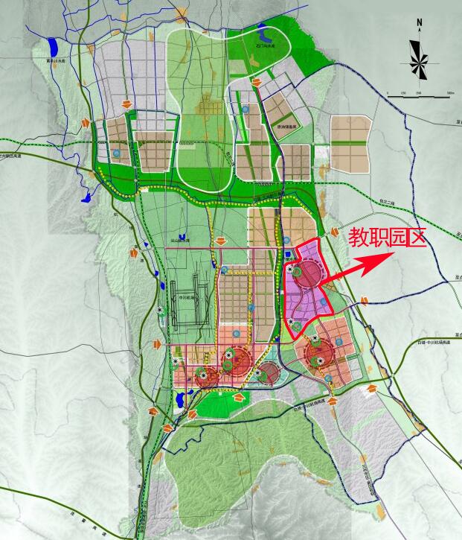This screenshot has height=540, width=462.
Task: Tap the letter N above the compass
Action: point(420,23)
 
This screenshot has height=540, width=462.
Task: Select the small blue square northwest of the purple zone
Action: point(285,240)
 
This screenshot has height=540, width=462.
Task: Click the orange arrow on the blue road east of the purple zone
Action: point(364,301)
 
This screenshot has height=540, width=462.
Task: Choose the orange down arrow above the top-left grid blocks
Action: point(126,103)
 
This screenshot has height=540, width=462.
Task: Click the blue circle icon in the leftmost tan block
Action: point(117,153)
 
